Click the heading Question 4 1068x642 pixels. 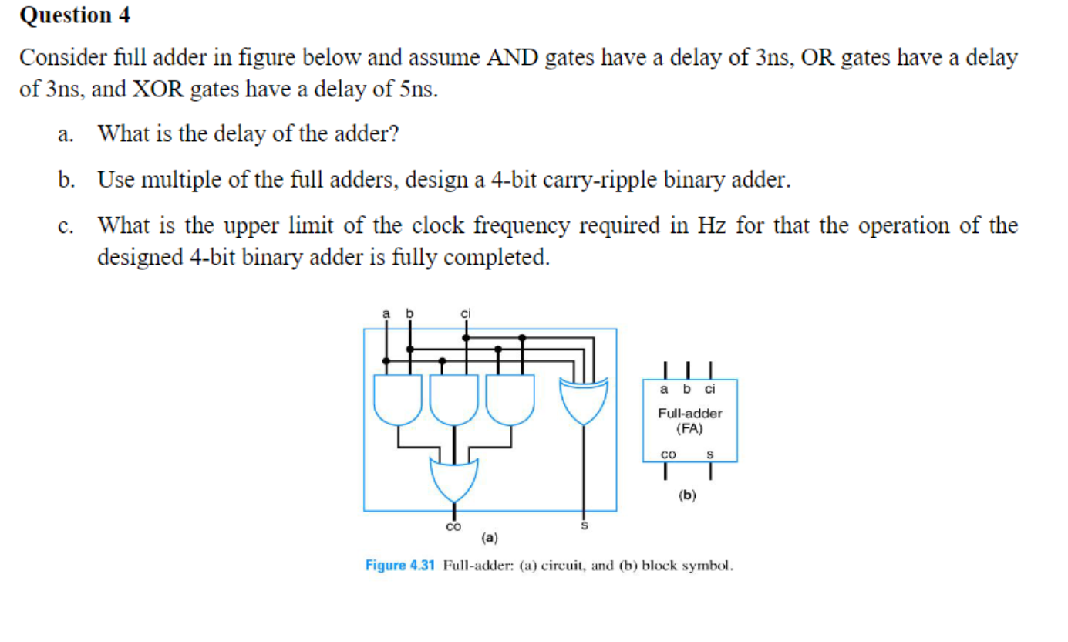tap(75, 15)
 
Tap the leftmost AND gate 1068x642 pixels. tap(398, 400)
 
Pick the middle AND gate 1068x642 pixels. tap(453, 400)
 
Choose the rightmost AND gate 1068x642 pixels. tap(510, 400)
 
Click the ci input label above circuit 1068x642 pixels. tap(465, 313)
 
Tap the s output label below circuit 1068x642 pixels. tap(584, 526)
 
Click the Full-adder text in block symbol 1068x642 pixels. tap(689, 414)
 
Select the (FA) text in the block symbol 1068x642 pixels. tap(689, 428)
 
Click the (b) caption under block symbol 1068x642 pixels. tap(687, 495)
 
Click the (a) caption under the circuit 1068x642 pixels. tap(489, 536)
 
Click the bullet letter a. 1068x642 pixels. tap(66, 134)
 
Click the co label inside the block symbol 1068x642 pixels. tap(668, 454)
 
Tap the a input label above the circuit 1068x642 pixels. tap(386, 313)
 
